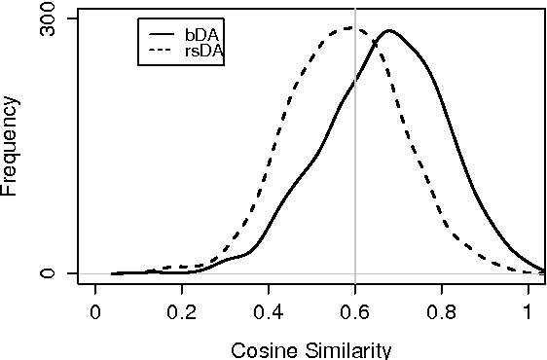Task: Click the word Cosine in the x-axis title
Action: point(259,349)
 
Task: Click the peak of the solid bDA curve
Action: point(389,30)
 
